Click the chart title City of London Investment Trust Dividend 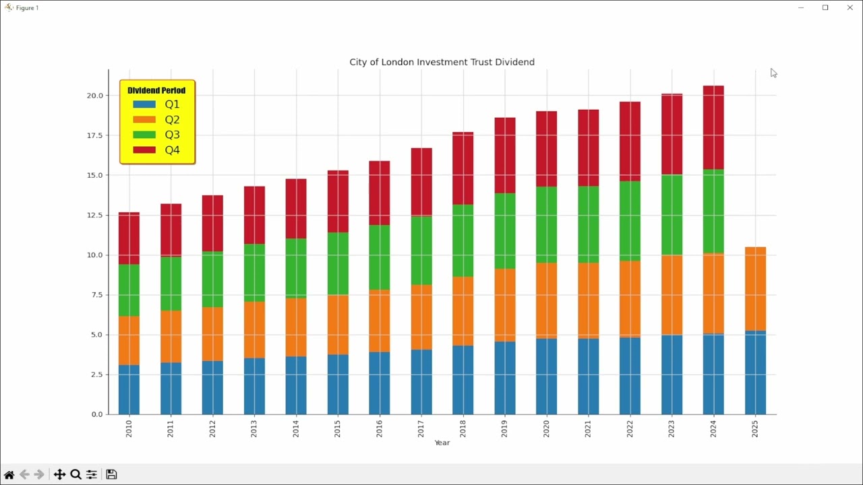click(442, 62)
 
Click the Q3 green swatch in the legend click(144, 135)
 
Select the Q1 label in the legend click(172, 104)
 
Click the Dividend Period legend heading click(156, 90)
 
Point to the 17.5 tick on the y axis click(94, 135)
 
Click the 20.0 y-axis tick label click(94, 96)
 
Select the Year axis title click(442, 443)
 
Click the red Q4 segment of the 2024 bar click(713, 127)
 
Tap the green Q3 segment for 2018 click(463, 240)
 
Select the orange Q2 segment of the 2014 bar click(296, 327)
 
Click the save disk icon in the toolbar click(112, 474)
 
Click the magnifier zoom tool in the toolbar click(76, 474)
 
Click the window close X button click(850, 7)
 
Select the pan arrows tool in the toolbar click(59, 474)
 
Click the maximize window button click(825, 7)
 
